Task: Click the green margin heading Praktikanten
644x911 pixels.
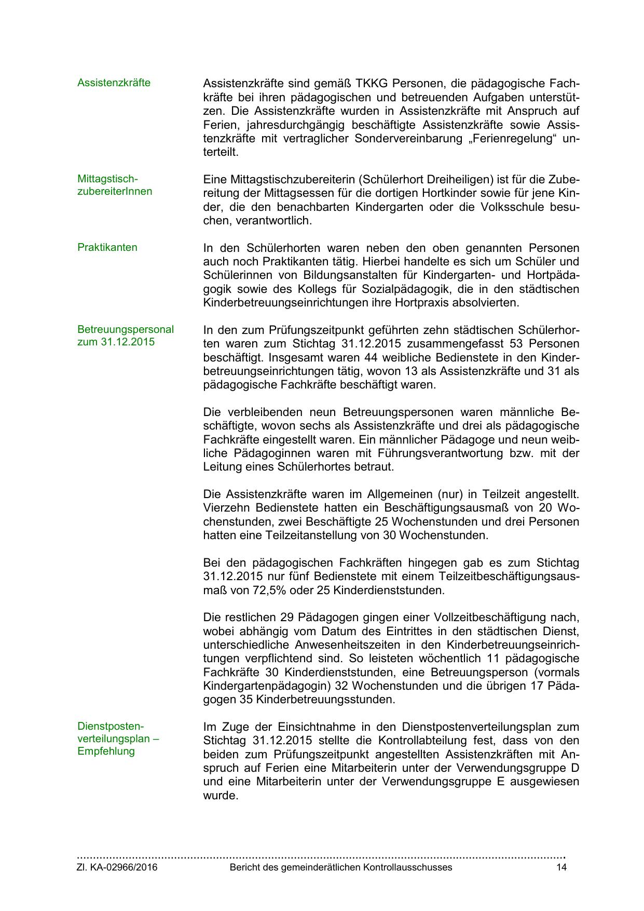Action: [107, 247]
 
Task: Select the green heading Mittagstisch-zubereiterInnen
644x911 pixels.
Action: [115, 185]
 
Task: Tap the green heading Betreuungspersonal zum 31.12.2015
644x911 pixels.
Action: [126, 336]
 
